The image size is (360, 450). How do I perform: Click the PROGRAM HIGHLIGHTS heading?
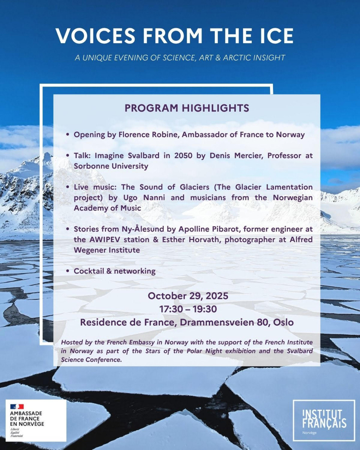pyautogui.click(x=187, y=108)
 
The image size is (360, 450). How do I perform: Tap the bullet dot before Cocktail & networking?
pyautogui.click(x=67, y=271)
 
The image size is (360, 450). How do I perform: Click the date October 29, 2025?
pyautogui.click(x=187, y=295)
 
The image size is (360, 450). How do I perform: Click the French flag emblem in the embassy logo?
pyautogui.click(x=17, y=406)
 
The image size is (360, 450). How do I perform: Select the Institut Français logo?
pyautogui.click(x=324, y=420)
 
